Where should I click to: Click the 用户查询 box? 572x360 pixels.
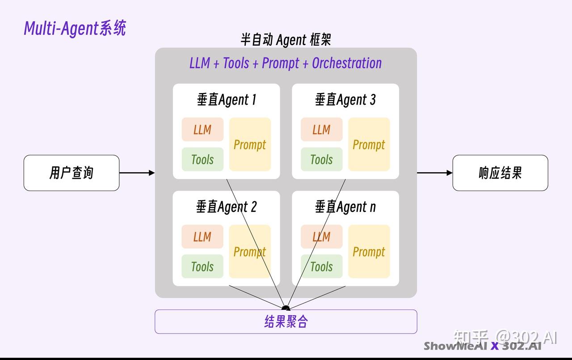tap(71, 173)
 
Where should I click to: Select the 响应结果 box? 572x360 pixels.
tap(500, 173)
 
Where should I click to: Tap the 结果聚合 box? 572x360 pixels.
tap(286, 322)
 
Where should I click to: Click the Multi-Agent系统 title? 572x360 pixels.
tap(75, 28)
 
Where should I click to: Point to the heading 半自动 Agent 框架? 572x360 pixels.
tap(286, 40)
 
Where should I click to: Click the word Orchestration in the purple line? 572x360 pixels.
tap(347, 63)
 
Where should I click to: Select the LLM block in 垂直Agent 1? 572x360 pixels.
tap(202, 130)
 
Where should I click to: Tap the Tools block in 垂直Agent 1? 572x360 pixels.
tap(202, 159)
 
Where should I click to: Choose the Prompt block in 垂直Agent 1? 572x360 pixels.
tap(250, 144)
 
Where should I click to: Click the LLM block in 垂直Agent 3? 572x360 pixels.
tap(321, 130)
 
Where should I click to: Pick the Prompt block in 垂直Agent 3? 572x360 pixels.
tap(369, 144)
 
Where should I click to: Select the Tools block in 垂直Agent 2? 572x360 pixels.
tap(202, 267)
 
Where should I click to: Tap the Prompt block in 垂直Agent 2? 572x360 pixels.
tap(250, 252)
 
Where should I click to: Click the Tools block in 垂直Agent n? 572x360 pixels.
tap(321, 267)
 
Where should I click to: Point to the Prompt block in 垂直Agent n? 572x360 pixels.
tap(369, 252)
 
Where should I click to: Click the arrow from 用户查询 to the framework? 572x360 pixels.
tap(137, 173)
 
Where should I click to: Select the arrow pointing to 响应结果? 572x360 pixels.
tap(435, 173)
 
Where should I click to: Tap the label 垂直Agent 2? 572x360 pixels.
tap(227, 207)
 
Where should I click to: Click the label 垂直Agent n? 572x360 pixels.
tap(345, 207)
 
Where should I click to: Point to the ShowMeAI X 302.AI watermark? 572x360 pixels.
tap(483, 346)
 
